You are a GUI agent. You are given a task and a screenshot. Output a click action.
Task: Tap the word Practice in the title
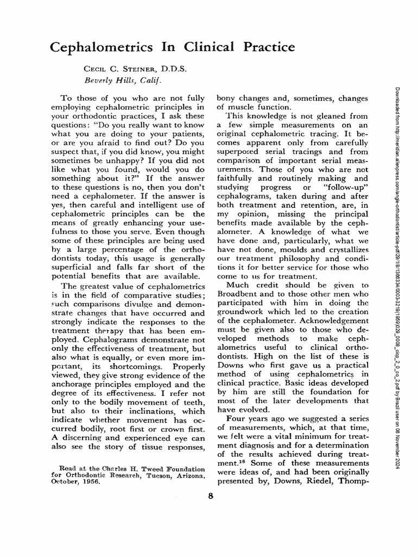point(262,47)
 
